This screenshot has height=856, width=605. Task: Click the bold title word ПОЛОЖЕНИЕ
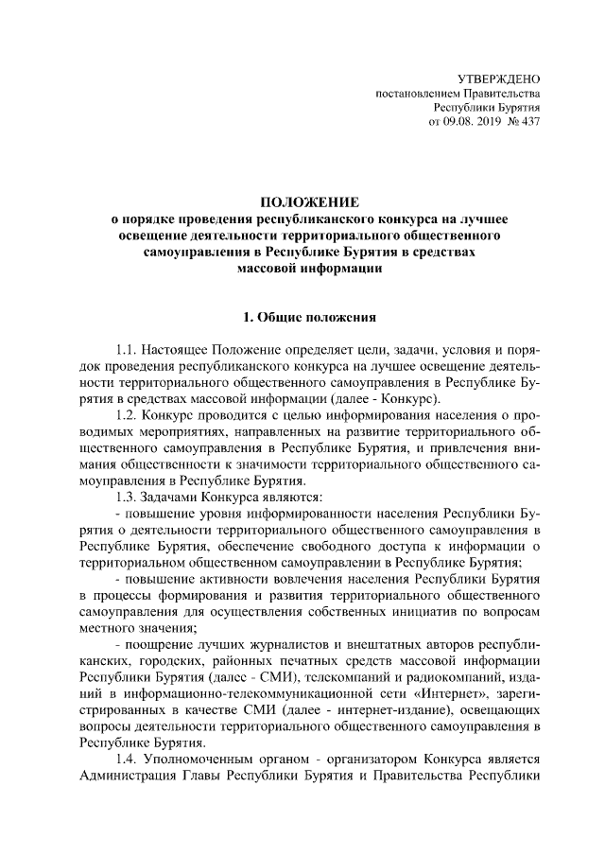pos(310,201)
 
